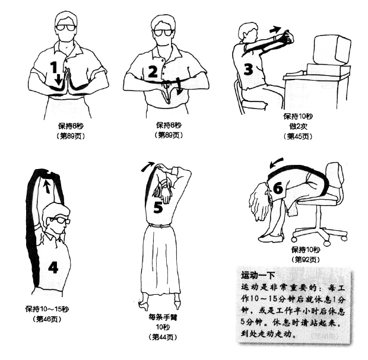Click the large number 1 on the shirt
(x=54, y=67)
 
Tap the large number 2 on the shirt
(x=153, y=72)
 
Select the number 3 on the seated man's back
(x=248, y=69)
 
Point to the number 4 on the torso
(x=53, y=267)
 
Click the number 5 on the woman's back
(x=158, y=208)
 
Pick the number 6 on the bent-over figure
(x=278, y=188)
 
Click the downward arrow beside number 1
(x=58, y=79)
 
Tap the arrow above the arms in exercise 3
(x=275, y=30)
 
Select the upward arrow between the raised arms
(x=47, y=186)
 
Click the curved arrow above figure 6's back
(x=276, y=163)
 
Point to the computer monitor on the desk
(x=332, y=50)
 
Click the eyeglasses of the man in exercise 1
(x=66, y=28)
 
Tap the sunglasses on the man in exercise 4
(x=59, y=220)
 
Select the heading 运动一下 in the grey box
(x=258, y=275)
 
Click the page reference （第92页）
(x=306, y=259)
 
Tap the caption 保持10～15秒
(x=47, y=309)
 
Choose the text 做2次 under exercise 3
(x=298, y=126)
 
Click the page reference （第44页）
(x=163, y=337)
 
